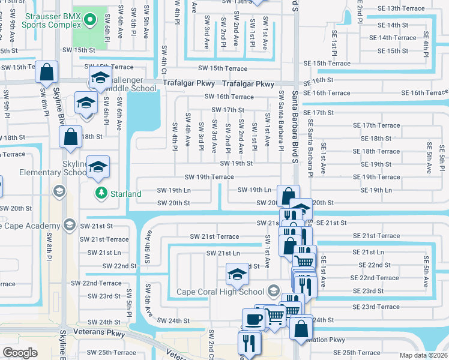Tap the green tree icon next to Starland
tap(101, 193)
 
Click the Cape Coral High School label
tap(221, 292)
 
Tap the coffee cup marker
tap(253, 319)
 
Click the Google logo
tap(20, 352)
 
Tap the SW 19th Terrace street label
tap(209, 177)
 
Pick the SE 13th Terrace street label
tap(401, 8)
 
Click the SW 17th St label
tap(228, 110)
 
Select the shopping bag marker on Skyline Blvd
tap(70, 137)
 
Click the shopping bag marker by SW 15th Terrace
tap(47, 73)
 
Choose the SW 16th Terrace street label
tap(229, 96)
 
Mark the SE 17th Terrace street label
tap(376, 125)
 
